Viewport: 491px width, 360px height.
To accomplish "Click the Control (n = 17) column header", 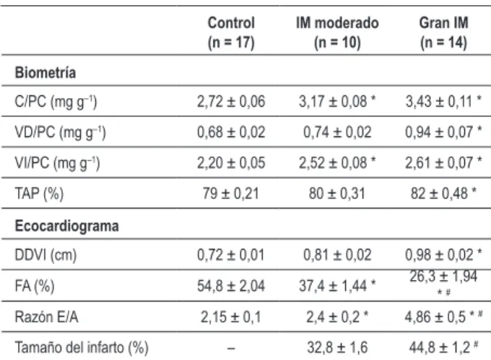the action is [x=231, y=32].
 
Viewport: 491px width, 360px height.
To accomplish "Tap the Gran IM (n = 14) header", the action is [x=444, y=32].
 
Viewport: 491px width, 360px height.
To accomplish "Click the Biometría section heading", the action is [x=45, y=73].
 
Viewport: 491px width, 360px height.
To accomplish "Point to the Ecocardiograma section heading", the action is [x=66, y=226].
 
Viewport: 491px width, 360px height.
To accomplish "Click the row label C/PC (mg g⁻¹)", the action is [x=56, y=102].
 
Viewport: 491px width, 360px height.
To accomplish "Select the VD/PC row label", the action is [x=60, y=133].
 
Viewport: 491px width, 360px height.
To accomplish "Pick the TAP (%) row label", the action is [x=39, y=193].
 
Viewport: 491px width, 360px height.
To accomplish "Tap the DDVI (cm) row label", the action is [x=45, y=255].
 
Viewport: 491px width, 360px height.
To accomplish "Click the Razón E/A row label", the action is [x=46, y=317].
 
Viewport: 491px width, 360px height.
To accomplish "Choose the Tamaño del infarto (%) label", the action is [x=82, y=348].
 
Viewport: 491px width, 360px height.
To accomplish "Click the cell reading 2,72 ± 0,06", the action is [x=231, y=102].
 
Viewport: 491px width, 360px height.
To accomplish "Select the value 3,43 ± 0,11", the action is [x=439, y=102].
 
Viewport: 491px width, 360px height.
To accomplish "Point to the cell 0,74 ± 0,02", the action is [x=337, y=132].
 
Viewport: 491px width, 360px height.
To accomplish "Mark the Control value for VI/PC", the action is [x=231, y=163].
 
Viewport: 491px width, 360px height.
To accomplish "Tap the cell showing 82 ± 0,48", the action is [x=439, y=193].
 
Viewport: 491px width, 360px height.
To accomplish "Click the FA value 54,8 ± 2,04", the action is [x=231, y=286].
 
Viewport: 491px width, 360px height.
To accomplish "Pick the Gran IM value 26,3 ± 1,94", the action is [x=443, y=276].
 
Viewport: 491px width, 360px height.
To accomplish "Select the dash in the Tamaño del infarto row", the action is [x=231, y=348].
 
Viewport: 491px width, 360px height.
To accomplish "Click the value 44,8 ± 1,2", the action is [x=439, y=348].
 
